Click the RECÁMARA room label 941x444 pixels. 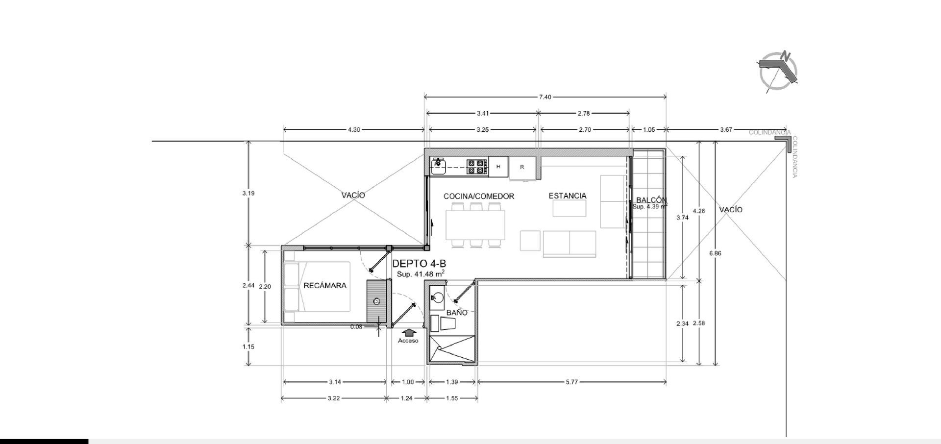click(325, 286)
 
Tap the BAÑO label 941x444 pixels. click(457, 313)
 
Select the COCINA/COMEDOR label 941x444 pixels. click(479, 196)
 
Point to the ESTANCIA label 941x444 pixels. click(568, 196)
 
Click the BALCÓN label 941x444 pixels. click(651, 200)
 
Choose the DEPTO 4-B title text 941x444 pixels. click(419, 264)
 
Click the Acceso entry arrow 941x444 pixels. click(408, 333)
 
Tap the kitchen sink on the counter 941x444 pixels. click(438, 166)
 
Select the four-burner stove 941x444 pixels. click(477, 167)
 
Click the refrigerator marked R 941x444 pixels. click(522, 168)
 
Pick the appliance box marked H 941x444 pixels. click(498, 167)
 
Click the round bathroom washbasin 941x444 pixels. click(437, 297)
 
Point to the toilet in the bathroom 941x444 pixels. click(444, 323)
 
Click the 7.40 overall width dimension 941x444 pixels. click(545, 97)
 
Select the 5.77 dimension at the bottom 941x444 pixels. click(572, 382)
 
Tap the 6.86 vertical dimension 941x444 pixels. click(715, 253)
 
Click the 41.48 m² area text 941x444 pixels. click(421, 274)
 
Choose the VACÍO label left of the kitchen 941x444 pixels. click(353, 195)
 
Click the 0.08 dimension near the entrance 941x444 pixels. click(356, 327)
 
